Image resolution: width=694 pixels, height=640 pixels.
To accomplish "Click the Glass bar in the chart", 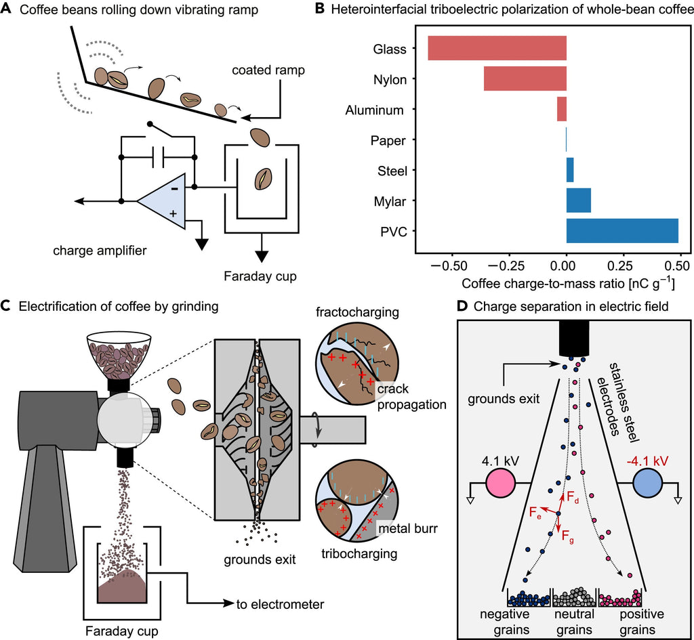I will (497, 49).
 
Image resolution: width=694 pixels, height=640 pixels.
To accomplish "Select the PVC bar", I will (622, 231).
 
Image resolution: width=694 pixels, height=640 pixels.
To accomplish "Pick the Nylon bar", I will (525, 79).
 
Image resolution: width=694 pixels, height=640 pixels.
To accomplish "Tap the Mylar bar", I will (578, 200).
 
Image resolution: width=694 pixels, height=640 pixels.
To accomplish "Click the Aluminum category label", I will (374, 110).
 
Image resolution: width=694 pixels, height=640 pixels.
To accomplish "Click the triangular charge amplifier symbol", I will (161, 201).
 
